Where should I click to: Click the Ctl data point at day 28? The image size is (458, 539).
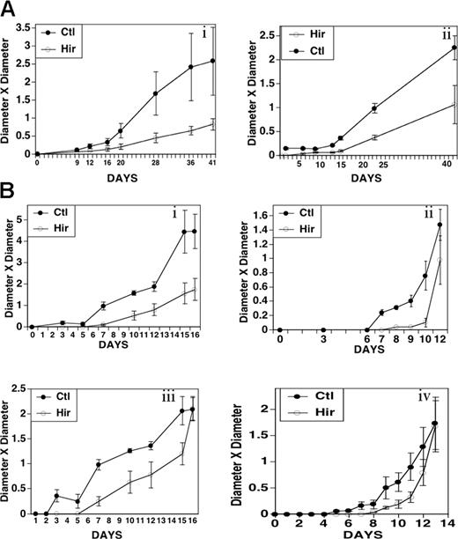click(x=156, y=93)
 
